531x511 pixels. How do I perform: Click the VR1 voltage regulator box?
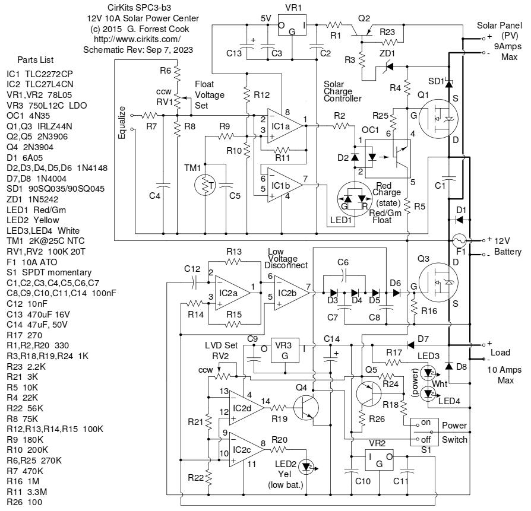(x=291, y=27)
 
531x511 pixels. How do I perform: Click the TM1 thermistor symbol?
(x=205, y=185)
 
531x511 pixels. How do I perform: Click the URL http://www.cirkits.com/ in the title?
(x=137, y=39)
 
